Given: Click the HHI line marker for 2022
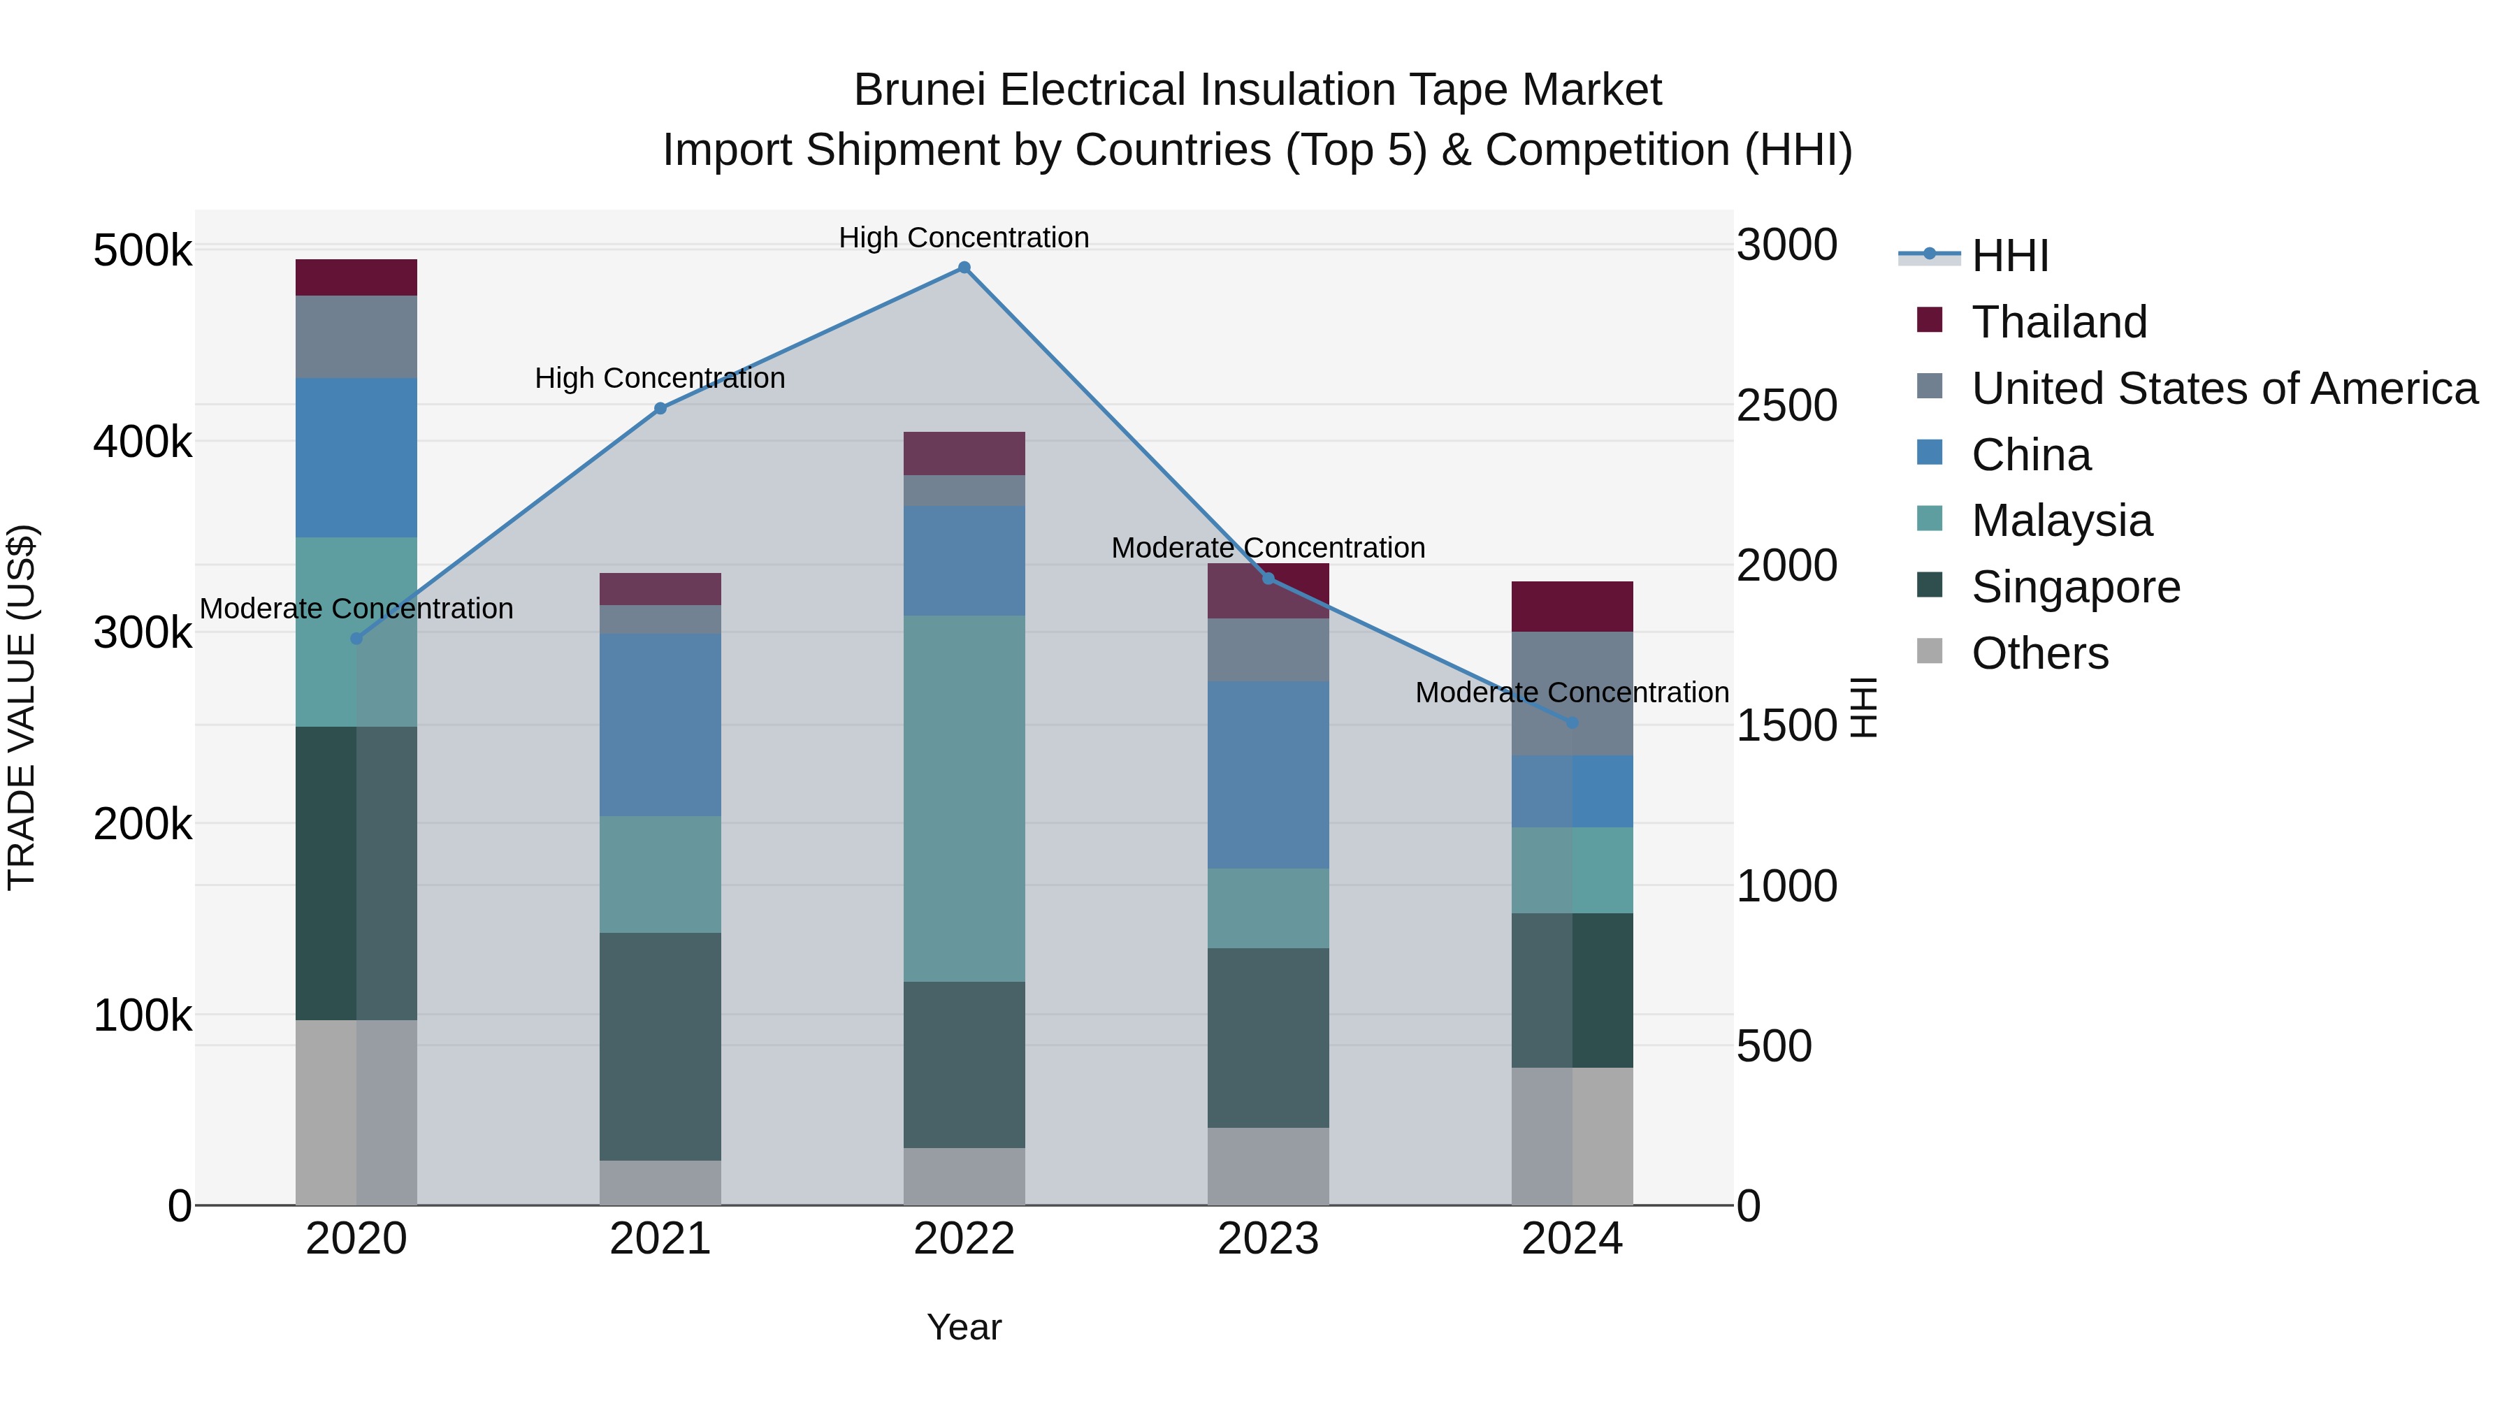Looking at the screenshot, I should (x=964, y=268).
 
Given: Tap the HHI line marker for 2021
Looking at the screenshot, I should (x=660, y=408).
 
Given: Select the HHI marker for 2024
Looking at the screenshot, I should (x=1572, y=723).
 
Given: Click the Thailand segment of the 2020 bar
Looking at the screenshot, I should (x=356, y=277).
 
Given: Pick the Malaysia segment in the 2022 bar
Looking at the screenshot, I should (x=964, y=798).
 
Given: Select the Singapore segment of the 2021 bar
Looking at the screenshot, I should (x=660, y=1046).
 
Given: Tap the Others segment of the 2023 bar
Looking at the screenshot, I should (x=1268, y=1166).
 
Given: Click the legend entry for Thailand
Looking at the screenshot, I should (x=2059, y=322).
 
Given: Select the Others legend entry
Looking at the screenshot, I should (x=2039, y=653).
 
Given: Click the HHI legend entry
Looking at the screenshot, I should (x=2010, y=256).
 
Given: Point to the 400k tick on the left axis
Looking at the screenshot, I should (x=143, y=442).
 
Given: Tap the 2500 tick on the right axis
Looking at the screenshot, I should (x=1786, y=405).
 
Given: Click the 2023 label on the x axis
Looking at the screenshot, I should (x=1268, y=1239).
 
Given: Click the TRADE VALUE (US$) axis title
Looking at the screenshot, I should (x=22, y=707).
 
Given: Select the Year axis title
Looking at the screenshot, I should (x=964, y=1327).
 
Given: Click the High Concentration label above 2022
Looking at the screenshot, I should (x=964, y=238).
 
